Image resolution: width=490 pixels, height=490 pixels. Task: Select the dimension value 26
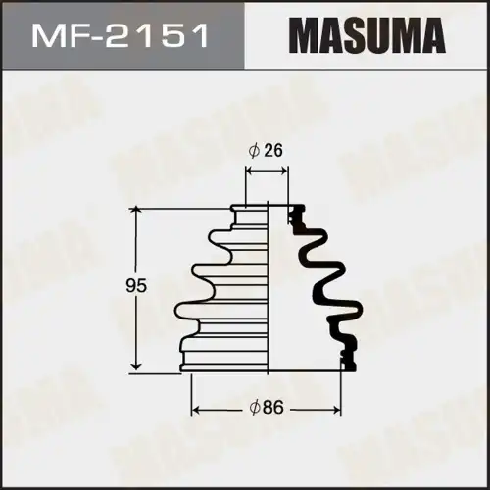click(x=274, y=151)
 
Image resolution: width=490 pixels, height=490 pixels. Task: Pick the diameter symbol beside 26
click(x=254, y=151)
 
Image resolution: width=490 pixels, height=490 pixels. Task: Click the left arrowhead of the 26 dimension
click(x=249, y=170)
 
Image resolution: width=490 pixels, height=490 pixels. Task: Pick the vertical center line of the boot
click(x=267, y=294)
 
